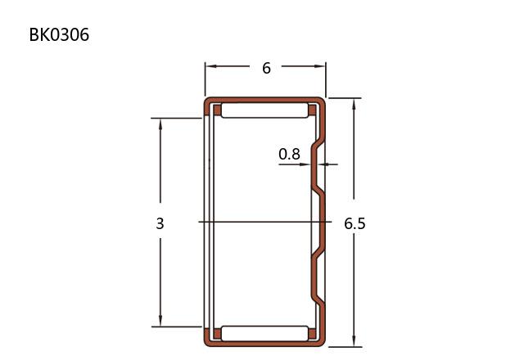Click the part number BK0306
(x=59, y=34)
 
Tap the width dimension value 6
(x=266, y=68)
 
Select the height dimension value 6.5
(x=355, y=223)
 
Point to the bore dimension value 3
(x=160, y=223)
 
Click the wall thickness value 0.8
(x=289, y=154)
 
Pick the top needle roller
(x=264, y=110)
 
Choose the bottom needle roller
(x=264, y=333)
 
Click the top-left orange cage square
(x=217, y=110)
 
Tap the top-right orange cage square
(x=312, y=110)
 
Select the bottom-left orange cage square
(x=217, y=334)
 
